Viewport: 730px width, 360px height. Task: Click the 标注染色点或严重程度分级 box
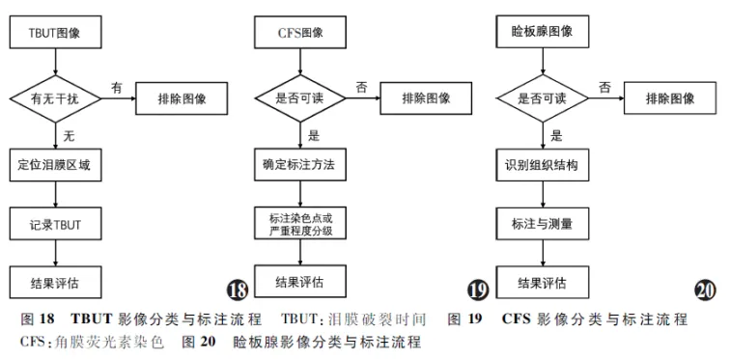coord(300,224)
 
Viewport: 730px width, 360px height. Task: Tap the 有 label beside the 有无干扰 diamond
coord(117,87)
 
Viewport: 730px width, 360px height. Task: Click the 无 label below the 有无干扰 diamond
coord(70,135)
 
